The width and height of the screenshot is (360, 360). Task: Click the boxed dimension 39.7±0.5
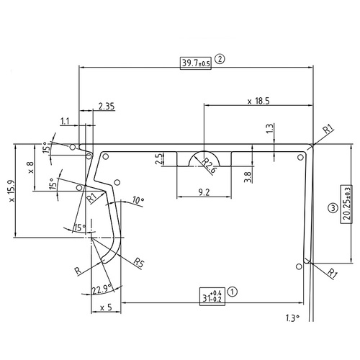pos(196,63)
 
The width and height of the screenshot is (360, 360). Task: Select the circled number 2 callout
pos(220,62)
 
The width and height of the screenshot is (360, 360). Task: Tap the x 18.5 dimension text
pos(257,102)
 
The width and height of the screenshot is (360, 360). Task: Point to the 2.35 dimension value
pos(107,107)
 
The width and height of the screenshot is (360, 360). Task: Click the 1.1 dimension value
pos(66,121)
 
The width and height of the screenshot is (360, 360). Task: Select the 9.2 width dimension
pos(203,192)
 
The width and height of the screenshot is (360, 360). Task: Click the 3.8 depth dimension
pos(248,175)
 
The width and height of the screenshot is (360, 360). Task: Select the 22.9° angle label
pos(102,290)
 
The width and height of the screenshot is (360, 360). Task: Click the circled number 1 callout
pos(233,293)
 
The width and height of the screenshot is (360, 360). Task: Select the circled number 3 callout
pos(332,209)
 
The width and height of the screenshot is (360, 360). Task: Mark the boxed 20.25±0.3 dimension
pos(347,204)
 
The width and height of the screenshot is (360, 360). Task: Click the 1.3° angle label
pos(292,317)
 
